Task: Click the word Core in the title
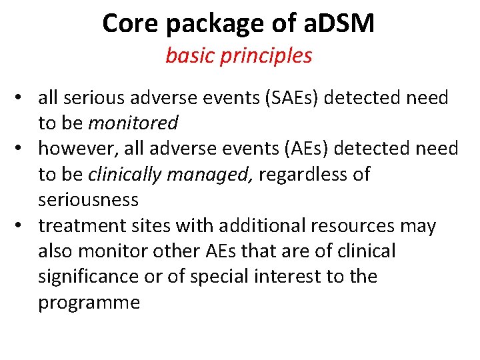pos(130,24)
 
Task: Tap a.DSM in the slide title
pos(338,24)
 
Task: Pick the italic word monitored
pos(133,123)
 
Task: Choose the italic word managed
pos(209,175)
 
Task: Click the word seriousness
pos(88,200)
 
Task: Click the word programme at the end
pos(89,303)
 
